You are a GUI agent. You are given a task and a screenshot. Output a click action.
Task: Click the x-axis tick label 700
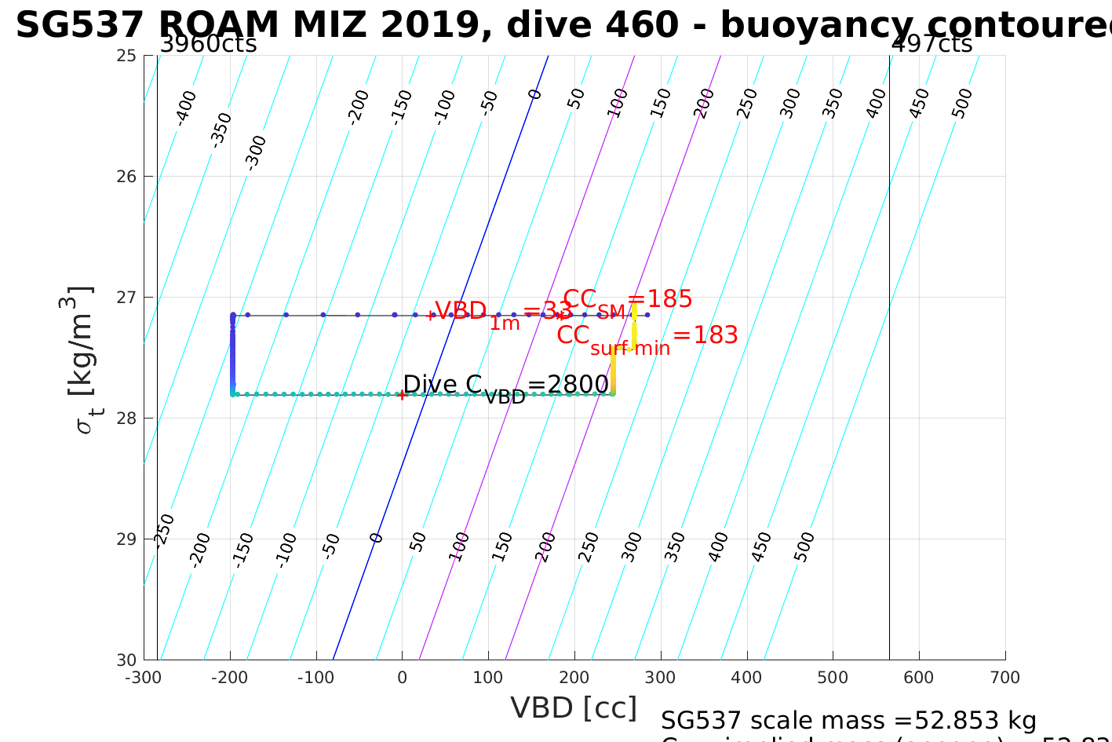(1005, 678)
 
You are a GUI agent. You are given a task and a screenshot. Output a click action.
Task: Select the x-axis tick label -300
(143, 678)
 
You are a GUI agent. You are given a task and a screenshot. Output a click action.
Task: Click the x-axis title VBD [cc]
(574, 708)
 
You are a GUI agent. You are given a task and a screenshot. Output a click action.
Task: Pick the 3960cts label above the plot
(208, 44)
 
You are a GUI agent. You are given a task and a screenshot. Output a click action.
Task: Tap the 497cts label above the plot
(932, 44)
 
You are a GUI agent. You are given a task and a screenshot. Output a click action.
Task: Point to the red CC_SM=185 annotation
(628, 300)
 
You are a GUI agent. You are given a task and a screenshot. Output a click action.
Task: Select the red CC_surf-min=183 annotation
(647, 338)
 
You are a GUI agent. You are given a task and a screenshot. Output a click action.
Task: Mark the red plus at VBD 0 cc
(402, 395)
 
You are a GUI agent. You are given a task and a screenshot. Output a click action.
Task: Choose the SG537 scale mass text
(848, 721)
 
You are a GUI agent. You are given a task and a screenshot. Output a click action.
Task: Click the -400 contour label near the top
(186, 108)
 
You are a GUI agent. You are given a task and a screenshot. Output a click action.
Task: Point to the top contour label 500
(962, 103)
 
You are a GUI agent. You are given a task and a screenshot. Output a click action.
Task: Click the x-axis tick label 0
(403, 678)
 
